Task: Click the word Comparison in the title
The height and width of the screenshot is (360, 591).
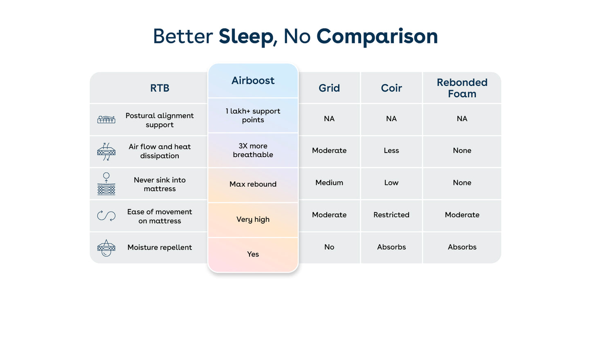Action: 377,36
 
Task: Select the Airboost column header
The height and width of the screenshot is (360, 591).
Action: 253,81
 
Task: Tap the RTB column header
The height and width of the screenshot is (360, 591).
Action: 160,88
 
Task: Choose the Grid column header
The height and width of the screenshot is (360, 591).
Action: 329,88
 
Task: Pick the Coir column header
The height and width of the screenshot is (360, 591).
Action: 391,88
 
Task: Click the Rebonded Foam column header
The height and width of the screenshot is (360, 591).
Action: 462,88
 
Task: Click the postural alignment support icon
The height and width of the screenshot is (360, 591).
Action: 106,120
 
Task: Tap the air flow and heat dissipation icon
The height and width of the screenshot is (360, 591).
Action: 106,151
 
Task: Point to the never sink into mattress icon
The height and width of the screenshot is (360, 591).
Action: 106,184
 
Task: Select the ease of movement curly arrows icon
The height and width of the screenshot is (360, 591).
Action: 106,216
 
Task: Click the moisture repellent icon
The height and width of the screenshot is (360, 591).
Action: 106,248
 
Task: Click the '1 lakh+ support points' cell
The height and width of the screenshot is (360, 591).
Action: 253,115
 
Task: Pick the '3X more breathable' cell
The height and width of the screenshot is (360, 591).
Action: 253,150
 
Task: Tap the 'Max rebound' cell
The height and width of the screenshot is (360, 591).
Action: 253,184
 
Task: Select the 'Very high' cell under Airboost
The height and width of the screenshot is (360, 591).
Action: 253,219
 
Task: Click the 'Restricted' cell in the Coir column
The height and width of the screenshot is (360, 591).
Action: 391,215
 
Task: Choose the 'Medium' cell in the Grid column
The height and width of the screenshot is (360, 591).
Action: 329,183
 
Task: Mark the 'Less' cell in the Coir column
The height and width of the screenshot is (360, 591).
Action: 391,151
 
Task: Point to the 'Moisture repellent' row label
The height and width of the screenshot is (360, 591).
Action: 160,248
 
